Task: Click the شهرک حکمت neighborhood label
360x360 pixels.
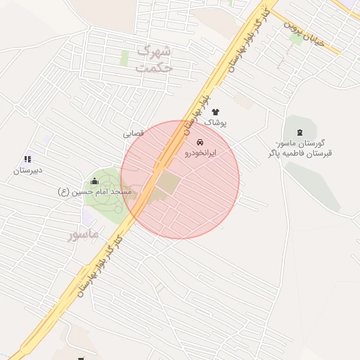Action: coord(153,59)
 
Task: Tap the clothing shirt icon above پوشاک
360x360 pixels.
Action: coord(215,112)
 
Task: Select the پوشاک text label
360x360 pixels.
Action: coord(215,122)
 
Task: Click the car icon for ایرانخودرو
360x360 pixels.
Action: coord(200,142)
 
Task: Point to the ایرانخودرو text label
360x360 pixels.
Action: coord(200,153)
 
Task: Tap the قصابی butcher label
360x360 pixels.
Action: coord(134,132)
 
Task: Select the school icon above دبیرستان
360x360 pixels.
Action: coord(27,160)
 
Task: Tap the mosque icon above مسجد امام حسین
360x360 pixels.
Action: coord(94,181)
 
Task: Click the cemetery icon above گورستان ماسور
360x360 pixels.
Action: coord(301,132)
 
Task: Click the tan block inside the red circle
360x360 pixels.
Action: coord(168,184)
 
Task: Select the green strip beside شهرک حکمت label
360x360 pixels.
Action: coord(124,58)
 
